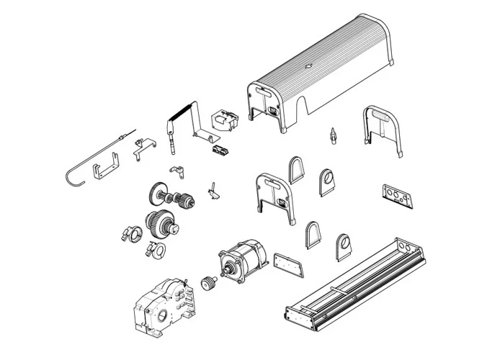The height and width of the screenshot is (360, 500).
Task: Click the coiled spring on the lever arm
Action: click(x=181, y=112)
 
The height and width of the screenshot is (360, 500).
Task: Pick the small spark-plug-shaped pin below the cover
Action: click(x=333, y=135)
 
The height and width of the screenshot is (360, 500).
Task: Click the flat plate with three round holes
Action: click(x=398, y=196)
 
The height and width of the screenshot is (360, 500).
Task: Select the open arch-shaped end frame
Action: click(x=382, y=127)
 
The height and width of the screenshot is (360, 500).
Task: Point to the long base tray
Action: click(x=357, y=284)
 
